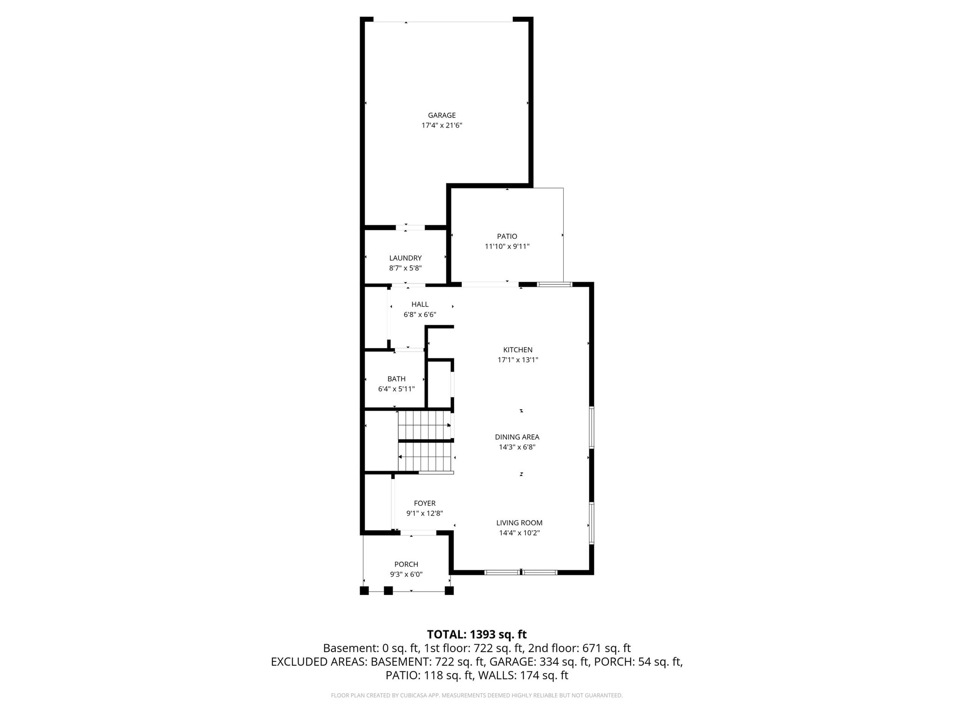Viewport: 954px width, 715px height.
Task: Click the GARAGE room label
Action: (x=442, y=115)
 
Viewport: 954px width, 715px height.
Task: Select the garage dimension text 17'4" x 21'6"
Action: (x=442, y=126)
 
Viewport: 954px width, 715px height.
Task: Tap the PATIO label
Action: (x=507, y=236)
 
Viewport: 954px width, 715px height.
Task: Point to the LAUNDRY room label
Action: (x=405, y=258)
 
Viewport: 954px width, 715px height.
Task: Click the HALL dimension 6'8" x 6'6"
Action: (x=420, y=315)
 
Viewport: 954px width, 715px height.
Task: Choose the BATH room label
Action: (x=396, y=379)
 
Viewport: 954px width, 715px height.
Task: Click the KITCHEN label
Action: (x=518, y=350)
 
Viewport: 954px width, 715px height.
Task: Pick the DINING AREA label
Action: (x=517, y=437)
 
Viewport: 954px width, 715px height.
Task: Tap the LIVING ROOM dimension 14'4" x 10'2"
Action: (x=519, y=533)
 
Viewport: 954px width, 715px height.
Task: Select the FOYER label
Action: (x=424, y=503)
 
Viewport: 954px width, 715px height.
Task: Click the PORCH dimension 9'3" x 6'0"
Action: (x=406, y=574)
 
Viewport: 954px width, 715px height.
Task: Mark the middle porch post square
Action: (x=388, y=591)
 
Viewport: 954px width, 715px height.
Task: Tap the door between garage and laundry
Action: (x=410, y=228)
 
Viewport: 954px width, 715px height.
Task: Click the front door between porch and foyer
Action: (x=418, y=533)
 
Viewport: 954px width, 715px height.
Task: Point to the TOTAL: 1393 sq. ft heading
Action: (x=477, y=634)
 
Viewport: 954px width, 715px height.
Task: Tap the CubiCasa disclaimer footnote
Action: (x=477, y=695)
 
